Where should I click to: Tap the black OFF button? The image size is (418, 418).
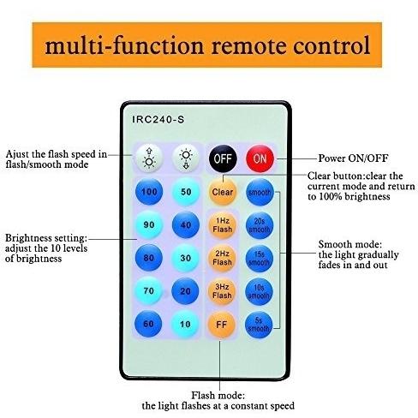pos(223,158)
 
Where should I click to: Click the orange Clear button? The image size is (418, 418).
pos(223,192)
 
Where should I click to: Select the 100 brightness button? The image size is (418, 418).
pos(149,192)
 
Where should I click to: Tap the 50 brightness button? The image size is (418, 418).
pos(186,192)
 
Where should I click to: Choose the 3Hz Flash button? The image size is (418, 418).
pos(222,291)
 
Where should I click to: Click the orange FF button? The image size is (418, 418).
pos(222,325)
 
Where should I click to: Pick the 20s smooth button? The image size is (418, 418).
pos(260,225)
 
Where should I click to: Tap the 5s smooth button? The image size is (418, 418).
pos(259,325)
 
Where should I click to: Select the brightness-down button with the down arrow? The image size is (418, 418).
pos(186,158)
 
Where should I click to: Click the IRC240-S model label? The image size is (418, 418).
pos(158,119)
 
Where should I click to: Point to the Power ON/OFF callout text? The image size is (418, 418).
pos(353,158)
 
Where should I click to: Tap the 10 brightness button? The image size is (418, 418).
pos(185,324)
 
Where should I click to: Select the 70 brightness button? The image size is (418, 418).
pos(148,291)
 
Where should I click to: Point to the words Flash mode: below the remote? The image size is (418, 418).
pos(218,396)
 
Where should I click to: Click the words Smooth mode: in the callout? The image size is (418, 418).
pos(350,244)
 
